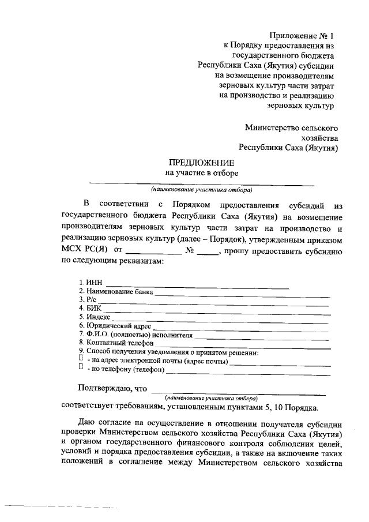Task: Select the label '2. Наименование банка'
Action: [116, 292]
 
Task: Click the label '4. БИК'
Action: [90, 309]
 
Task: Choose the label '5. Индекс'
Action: [95, 317]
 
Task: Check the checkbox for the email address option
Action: [81, 360]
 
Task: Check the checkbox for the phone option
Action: [81, 368]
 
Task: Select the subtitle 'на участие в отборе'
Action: [202, 172]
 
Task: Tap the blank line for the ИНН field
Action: [197, 284]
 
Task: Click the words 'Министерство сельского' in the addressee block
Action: [291, 127]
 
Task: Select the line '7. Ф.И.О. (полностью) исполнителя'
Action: [136, 335]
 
